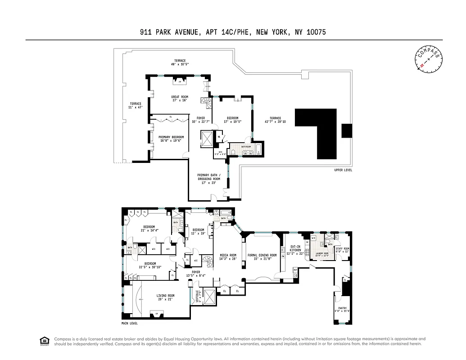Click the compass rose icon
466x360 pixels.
point(428,59)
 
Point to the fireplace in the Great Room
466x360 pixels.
point(180,82)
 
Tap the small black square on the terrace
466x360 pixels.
point(347,130)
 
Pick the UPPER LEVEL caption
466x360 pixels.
point(343,170)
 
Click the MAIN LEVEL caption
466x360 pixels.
point(130,323)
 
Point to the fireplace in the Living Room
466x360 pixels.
point(157,313)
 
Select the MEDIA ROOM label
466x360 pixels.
point(228,256)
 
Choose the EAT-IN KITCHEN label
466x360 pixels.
point(295,249)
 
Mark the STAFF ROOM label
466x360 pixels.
point(343,250)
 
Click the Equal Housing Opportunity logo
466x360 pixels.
point(45,341)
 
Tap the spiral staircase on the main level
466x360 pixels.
point(207,261)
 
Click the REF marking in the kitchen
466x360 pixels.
point(295,270)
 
